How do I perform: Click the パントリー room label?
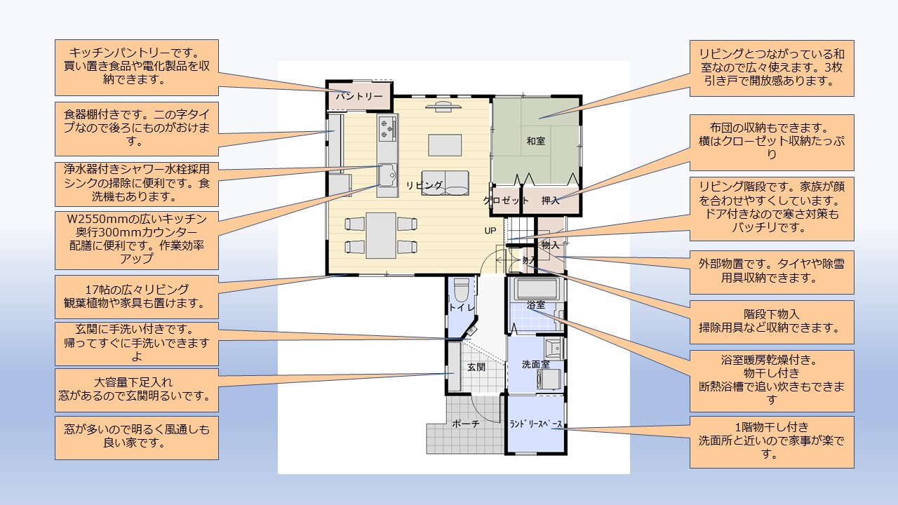click(359, 97)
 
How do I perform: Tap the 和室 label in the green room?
click(535, 141)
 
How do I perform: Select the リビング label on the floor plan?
click(424, 185)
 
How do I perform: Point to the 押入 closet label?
click(550, 201)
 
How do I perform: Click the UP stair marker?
click(490, 231)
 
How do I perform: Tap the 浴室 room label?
click(535, 305)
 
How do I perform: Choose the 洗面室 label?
click(535, 364)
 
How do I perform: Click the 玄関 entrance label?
click(476, 367)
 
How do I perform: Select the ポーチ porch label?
click(465, 424)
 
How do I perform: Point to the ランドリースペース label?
click(535, 424)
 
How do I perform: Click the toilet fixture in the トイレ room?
click(462, 290)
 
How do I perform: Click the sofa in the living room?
click(445, 183)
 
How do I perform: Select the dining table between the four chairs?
click(381, 235)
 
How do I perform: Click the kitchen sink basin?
click(387, 175)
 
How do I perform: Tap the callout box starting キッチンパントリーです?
click(137, 67)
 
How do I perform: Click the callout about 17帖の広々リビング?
click(137, 297)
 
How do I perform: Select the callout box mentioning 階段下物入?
click(772, 322)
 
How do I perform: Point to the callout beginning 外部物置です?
click(772, 271)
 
